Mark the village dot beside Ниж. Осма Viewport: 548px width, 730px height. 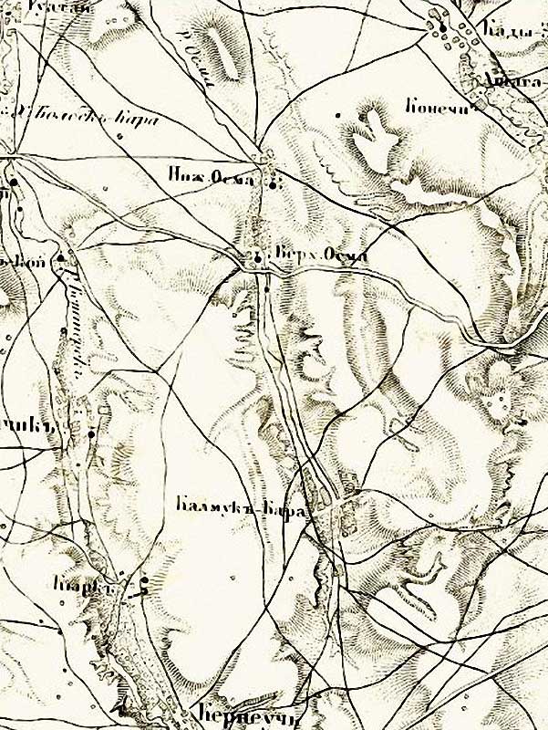pyautogui.click(x=273, y=185)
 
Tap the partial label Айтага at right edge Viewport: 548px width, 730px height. pyautogui.click(x=515, y=80)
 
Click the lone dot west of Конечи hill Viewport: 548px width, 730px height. pyautogui.click(x=337, y=115)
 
